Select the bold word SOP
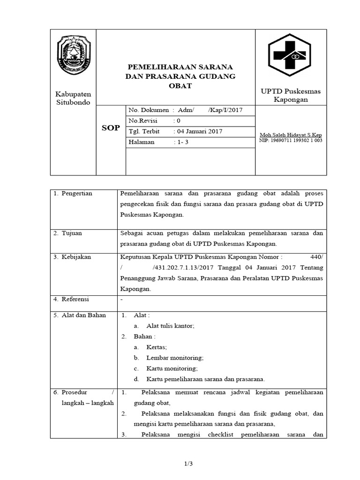pyautogui.click(x=111, y=128)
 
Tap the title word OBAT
pyautogui.click(x=180, y=86)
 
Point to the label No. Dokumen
pyautogui.click(x=149, y=110)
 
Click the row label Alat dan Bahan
pyautogui.click(x=83, y=315)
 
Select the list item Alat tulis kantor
pyautogui.click(x=170, y=326)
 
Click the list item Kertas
pyautogui.click(x=157, y=347)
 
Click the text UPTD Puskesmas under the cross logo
pyautogui.click(x=291, y=91)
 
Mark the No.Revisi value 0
pyautogui.click(x=179, y=120)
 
